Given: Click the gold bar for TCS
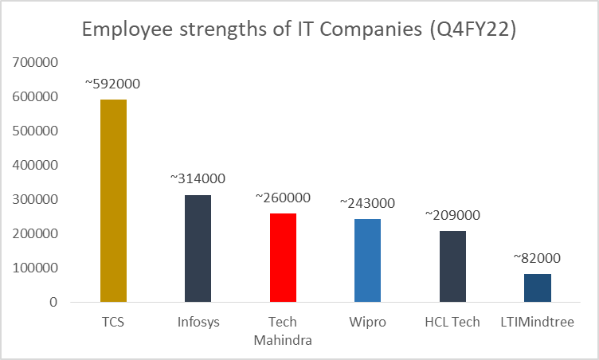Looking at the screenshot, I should tap(113, 201).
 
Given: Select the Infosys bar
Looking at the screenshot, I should tap(198, 248).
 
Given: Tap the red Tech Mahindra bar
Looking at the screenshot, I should tap(283, 257).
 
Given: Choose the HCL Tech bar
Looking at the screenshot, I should tap(452, 266).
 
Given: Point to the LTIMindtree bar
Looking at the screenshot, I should tap(538, 288).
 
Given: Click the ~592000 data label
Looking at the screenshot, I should tap(113, 84).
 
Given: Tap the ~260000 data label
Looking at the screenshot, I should tap(283, 198).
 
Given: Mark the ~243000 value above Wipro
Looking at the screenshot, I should tap(368, 204).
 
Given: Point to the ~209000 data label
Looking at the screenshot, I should tap(452, 215).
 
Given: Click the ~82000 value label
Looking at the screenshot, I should tap(538, 258).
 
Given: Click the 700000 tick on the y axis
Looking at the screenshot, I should tap(35, 62).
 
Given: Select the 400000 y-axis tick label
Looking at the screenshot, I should tap(35, 165).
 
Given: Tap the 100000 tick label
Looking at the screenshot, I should tap(35, 268).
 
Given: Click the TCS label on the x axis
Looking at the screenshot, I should tap(113, 323).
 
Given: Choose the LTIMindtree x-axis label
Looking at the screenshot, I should tap(538, 323).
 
